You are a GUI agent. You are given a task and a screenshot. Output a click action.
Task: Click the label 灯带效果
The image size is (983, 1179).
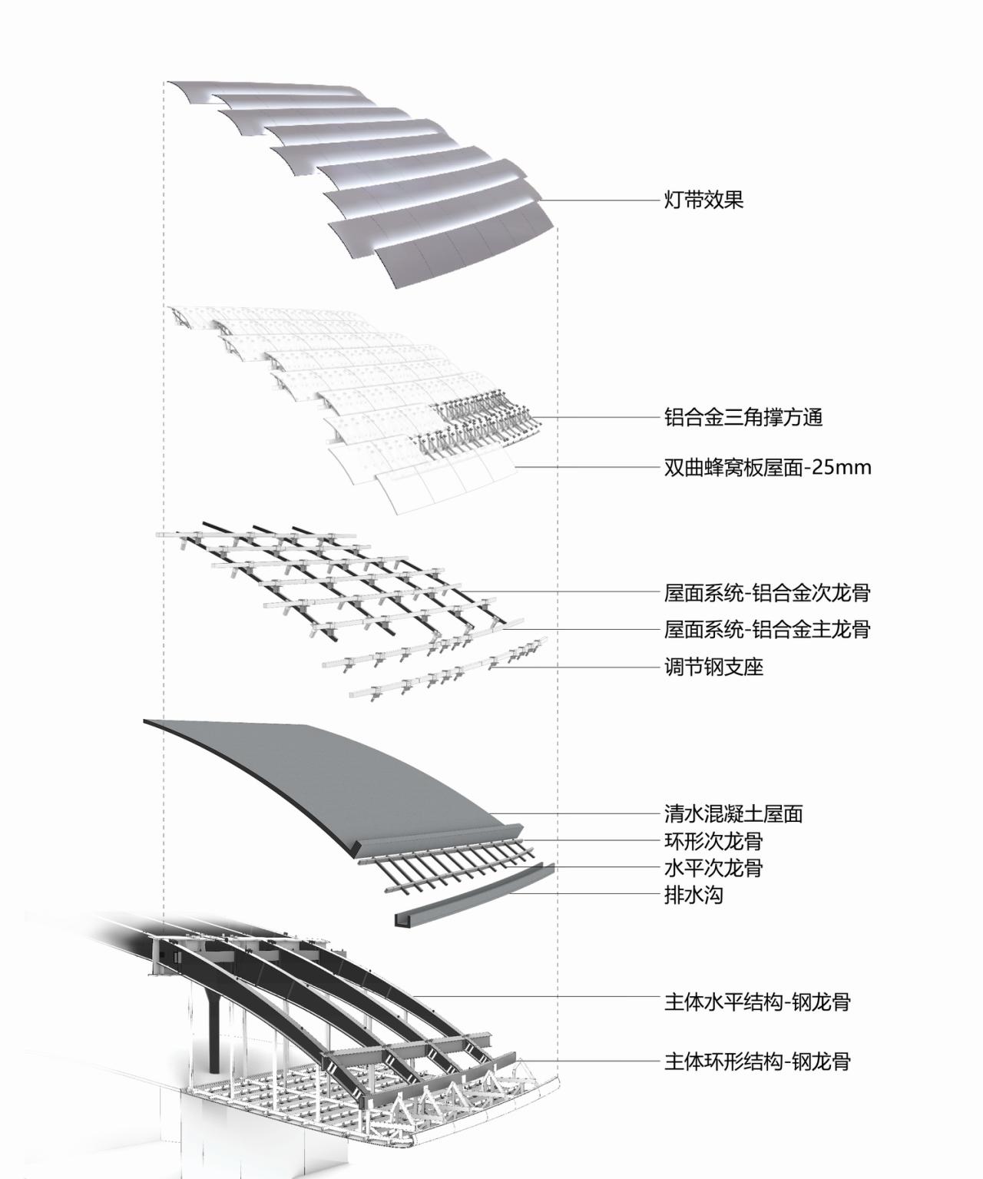tap(703, 200)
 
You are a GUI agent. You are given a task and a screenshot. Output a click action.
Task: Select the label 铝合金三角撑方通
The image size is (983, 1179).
tap(743, 418)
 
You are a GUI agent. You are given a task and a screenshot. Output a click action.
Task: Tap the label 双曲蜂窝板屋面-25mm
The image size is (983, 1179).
tap(767, 467)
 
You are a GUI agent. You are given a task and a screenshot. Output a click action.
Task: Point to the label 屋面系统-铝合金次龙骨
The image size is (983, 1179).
tap(767, 593)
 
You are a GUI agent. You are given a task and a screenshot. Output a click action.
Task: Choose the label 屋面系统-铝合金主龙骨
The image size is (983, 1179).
tap(767, 630)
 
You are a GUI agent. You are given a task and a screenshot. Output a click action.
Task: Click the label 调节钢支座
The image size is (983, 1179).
tap(713, 667)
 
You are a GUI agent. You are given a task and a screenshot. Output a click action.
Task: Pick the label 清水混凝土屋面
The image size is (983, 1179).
tap(733, 813)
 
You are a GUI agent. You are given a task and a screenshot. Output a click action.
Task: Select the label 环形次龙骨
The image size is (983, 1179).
tap(713, 841)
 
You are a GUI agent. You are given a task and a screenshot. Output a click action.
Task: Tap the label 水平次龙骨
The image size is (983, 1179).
tap(713, 868)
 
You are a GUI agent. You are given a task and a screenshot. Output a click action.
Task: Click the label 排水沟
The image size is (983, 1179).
tap(693, 895)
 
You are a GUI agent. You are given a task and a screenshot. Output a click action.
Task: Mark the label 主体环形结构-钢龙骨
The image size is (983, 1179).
tap(757, 1062)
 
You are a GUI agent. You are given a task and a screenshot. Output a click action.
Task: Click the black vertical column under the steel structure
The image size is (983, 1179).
tap(214, 1029)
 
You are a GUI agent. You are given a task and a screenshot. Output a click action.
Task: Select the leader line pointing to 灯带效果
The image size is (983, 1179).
tap(599, 201)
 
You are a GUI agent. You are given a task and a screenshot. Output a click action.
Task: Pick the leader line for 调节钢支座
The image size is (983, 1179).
tap(576, 667)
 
